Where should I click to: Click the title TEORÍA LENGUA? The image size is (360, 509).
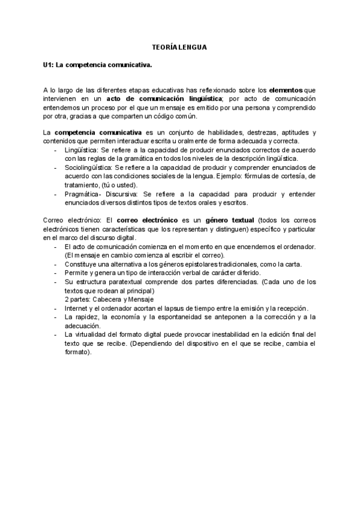pos(180,46)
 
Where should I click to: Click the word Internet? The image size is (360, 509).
pos(76,308)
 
